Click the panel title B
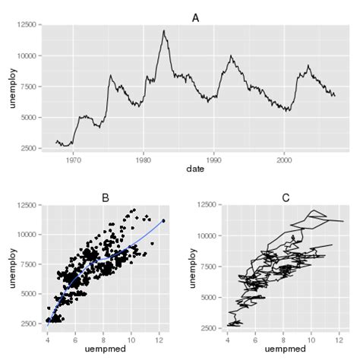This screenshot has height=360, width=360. click(106, 197)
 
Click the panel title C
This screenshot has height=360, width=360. click(286, 197)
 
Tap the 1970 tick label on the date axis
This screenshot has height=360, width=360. click(74, 160)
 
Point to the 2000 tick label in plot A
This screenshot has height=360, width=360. click(284, 160)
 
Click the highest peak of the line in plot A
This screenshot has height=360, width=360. click(163, 31)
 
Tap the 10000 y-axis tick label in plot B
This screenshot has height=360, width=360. click(28, 235)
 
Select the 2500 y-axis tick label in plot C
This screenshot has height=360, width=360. click(210, 327)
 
